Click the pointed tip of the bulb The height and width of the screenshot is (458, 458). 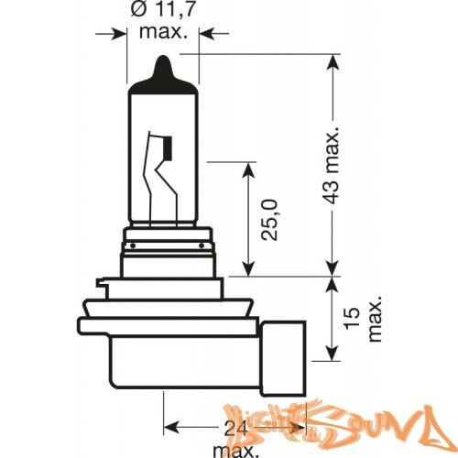pos(163,61)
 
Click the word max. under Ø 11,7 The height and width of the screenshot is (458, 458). pos(163,33)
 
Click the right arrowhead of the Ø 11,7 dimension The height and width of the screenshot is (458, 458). pos(204,33)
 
